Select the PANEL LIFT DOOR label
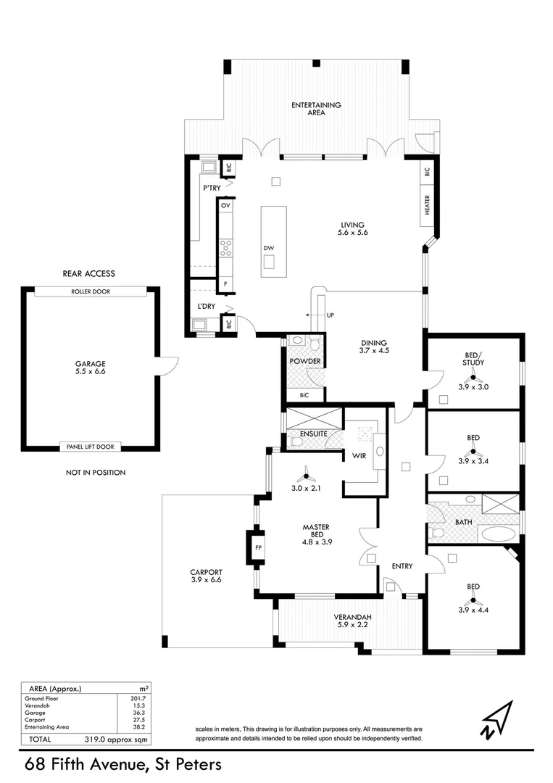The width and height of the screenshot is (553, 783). pyautogui.click(x=91, y=447)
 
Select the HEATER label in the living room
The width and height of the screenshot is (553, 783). pyautogui.click(x=428, y=205)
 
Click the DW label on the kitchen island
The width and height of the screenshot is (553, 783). pyautogui.click(x=269, y=248)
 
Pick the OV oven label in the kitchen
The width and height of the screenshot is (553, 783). pyautogui.click(x=225, y=206)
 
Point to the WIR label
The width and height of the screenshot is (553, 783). pyautogui.click(x=358, y=456)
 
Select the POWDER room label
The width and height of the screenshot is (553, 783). pyautogui.click(x=305, y=361)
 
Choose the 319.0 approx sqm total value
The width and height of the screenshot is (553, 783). pyautogui.click(x=106, y=739)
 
